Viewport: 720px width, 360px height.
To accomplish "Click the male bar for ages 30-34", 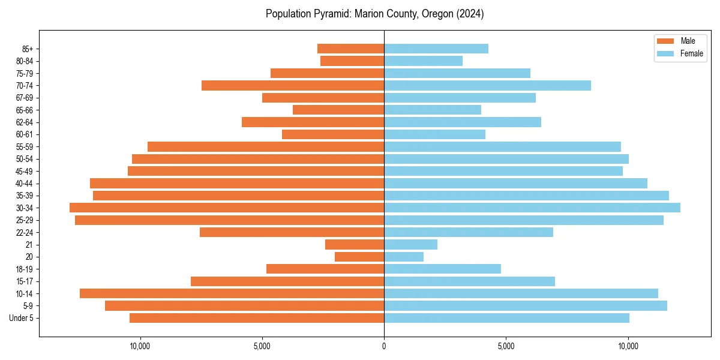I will pos(227,208).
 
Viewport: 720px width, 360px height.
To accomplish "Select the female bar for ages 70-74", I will pos(487,85).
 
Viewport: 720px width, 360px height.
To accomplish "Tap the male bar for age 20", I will pos(359,257).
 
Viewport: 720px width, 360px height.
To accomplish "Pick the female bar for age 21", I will pos(410,244).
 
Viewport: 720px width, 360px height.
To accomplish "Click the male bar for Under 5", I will pos(257,318).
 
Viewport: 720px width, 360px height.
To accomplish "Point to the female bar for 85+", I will pos(436,49).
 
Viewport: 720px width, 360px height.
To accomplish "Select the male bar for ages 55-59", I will pos(266,146).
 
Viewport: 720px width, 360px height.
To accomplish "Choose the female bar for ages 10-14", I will pos(521,293).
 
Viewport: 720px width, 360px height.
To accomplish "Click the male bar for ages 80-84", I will pos(352,61).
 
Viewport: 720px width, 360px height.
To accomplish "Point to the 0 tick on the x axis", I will pos(384,347).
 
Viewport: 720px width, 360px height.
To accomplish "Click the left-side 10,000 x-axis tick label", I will pos(140,347).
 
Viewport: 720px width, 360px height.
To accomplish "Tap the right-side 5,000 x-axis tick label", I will pos(506,347).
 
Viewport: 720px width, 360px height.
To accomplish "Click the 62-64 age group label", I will pos(25,122).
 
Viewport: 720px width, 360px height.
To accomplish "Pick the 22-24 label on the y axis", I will pos(25,232).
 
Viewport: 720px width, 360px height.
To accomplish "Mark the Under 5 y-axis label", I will pos(22,318).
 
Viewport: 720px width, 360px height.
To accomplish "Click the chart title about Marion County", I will pos(374,14).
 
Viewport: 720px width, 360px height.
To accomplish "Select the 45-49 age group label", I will pos(25,171).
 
